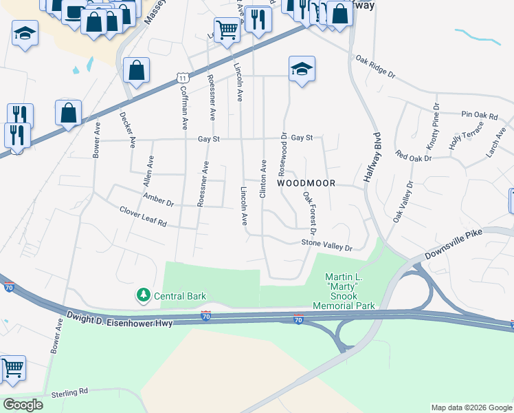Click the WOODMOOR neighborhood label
(306, 184)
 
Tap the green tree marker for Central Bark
(143, 295)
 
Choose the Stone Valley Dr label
(326, 245)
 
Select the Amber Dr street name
(158, 200)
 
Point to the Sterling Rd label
(70, 392)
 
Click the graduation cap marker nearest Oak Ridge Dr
(302, 69)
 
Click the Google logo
(23, 405)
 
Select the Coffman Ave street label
(183, 107)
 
